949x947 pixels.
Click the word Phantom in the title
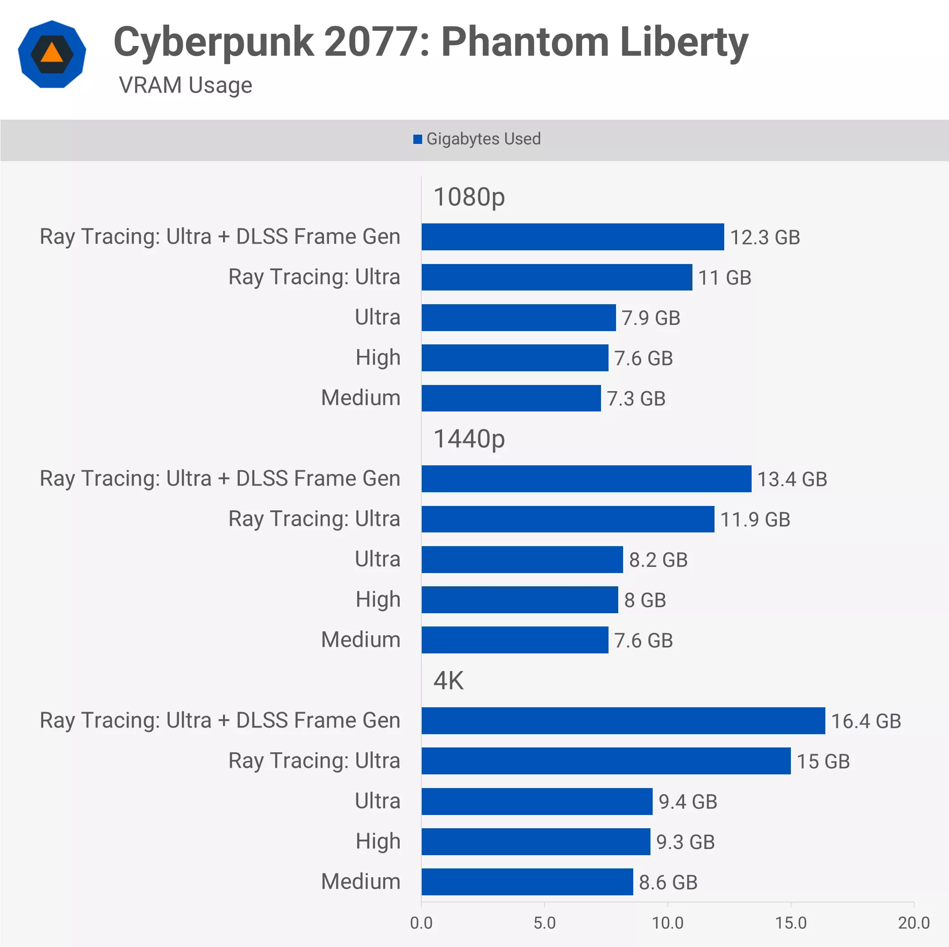coord(525,42)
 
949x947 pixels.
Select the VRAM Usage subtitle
coord(185,85)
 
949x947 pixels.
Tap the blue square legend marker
coord(417,140)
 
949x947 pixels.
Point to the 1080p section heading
coord(469,197)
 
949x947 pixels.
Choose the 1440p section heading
coord(469,439)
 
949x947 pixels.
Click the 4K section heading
coord(448,680)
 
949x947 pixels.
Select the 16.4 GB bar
coord(623,721)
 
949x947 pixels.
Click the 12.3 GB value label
coord(765,237)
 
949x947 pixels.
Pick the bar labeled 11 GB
coord(556,277)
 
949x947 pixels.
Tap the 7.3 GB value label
coord(635,398)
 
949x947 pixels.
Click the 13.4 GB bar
coord(586,479)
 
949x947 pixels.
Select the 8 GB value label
coord(644,600)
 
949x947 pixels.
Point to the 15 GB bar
coord(605,761)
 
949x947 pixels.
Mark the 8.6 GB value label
coord(668,882)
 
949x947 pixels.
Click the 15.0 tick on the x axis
coord(790,923)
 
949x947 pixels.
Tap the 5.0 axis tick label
coord(544,923)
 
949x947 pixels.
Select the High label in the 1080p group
coord(378,357)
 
